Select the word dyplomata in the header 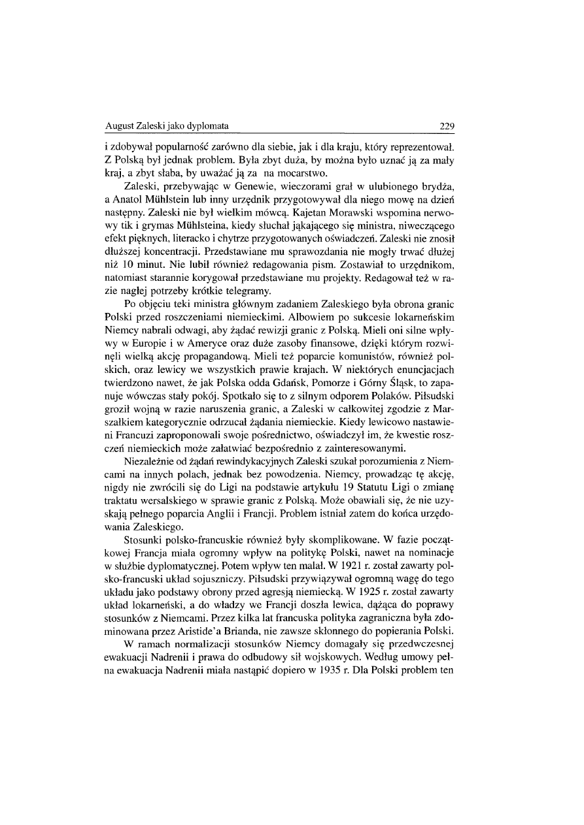tap(196, 127)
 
